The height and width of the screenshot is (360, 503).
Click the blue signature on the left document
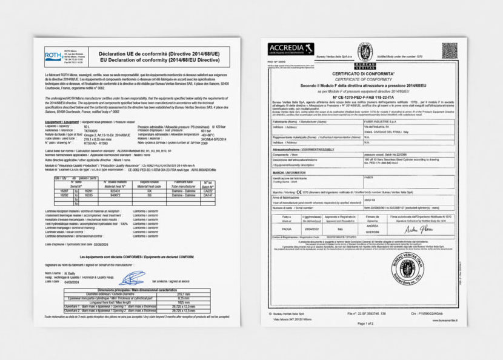click(133, 279)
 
